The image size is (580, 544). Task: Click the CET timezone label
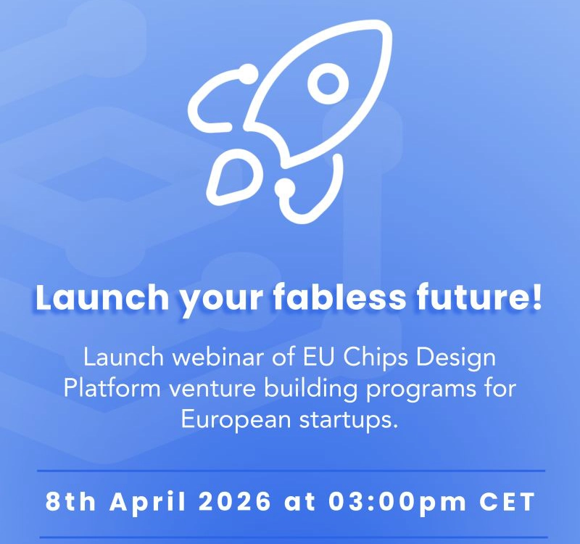coord(507,503)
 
